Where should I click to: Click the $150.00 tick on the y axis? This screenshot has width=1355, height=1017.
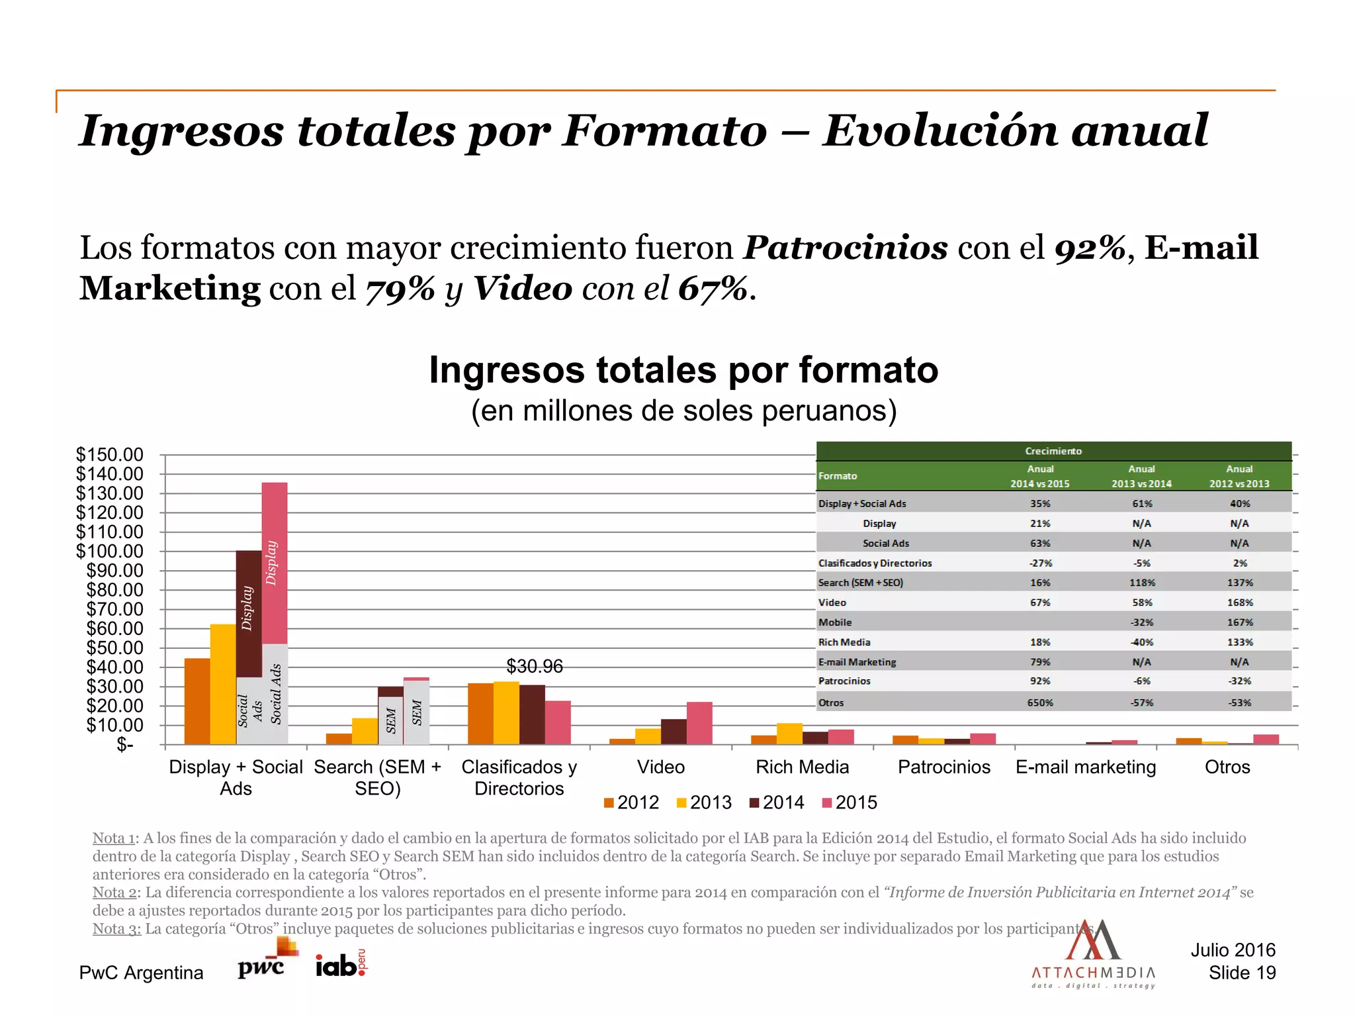pos(110,455)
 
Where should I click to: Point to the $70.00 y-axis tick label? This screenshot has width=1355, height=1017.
pos(114,609)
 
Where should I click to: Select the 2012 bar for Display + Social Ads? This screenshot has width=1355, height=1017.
pos(197,701)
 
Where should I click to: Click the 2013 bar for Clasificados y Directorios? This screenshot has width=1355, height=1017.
pos(506,712)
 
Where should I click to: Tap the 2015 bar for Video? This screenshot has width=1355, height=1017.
pos(699,723)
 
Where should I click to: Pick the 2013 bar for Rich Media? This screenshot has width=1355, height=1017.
pos(789,734)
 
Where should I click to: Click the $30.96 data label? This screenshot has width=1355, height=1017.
pos(535,666)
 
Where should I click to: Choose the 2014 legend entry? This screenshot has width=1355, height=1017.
pos(777,802)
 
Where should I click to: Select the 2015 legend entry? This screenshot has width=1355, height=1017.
pos(850,802)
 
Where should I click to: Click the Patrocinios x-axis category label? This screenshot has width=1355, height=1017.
pos(944,767)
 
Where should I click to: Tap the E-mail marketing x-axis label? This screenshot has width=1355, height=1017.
pos(1086,767)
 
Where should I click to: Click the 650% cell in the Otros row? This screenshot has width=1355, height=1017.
pos(1040,702)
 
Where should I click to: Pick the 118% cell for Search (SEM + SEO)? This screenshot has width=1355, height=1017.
pos(1142,583)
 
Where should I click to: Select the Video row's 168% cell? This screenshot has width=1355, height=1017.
pos(1240,603)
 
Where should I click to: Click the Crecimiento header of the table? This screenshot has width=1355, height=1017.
pos(1053,451)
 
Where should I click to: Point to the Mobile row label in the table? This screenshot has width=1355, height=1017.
pos(835,622)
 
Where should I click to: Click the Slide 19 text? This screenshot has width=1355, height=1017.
pos(1242,973)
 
